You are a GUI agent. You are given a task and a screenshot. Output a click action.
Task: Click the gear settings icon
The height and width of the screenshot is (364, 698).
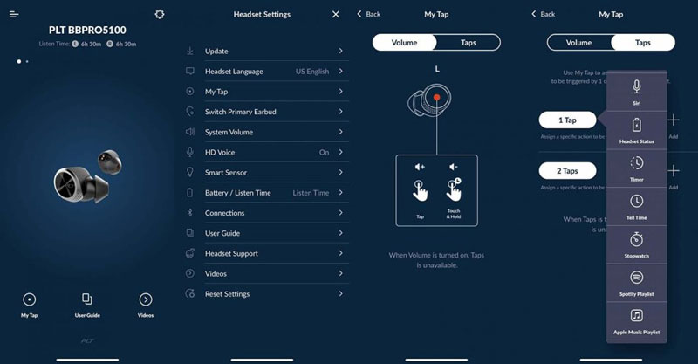(x=159, y=14)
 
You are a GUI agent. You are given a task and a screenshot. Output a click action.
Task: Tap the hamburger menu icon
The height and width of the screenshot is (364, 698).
(x=14, y=14)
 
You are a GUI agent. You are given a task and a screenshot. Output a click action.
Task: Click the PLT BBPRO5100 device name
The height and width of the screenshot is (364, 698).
(x=86, y=30)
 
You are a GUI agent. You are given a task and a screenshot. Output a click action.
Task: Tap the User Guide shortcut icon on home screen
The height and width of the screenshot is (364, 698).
(x=86, y=299)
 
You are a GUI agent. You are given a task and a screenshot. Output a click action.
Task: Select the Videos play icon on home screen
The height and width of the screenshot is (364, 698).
(x=146, y=299)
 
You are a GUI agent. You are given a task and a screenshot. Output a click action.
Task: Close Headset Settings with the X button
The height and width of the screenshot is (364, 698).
(x=336, y=14)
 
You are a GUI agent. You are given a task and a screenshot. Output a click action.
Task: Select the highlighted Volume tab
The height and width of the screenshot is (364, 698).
(x=404, y=42)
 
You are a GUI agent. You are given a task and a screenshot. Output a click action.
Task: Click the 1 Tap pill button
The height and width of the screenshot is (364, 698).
(x=567, y=120)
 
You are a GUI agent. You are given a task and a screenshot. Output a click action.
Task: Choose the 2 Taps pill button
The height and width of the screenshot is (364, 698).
(x=567, y=171)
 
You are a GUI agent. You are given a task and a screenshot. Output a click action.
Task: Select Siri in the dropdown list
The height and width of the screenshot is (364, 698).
(x=637, y=90)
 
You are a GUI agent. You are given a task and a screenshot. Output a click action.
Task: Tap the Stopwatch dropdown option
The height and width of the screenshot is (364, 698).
(x=637, y=243)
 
